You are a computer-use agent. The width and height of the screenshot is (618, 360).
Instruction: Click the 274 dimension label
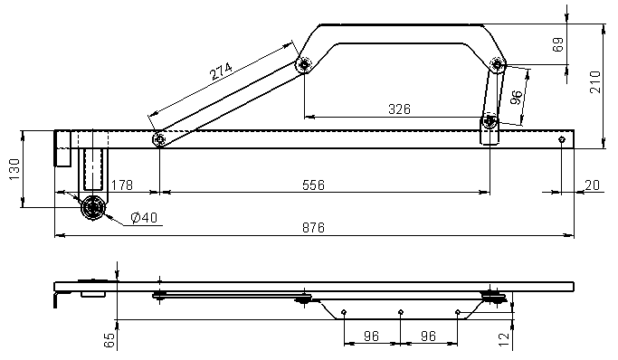coord(221,71)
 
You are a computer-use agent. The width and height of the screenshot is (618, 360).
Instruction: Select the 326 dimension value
coord(399,109)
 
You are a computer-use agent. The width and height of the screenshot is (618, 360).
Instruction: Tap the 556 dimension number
coord(313,185)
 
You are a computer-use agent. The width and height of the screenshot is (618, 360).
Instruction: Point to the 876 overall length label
coord(313,228)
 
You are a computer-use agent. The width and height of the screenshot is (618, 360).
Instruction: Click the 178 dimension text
coord(122,185)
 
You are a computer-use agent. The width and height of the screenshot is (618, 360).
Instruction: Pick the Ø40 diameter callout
coord(144,217)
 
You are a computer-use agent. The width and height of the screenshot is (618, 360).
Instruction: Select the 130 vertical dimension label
coord(14,169)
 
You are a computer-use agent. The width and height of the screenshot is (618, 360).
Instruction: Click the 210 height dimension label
coord(595,82)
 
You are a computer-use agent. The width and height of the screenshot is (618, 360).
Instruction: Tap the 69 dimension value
coord(558,44)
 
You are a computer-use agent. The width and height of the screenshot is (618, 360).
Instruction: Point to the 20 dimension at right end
coord(592,185)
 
